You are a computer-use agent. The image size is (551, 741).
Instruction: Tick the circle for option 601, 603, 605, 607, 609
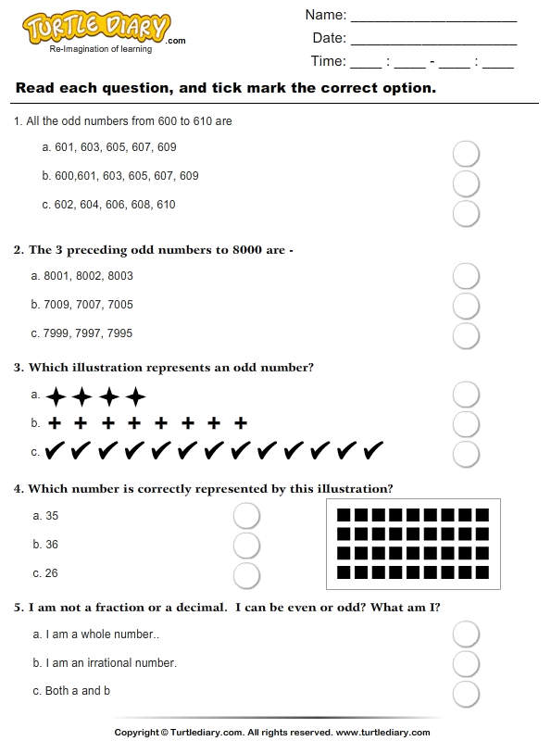coord(466,153)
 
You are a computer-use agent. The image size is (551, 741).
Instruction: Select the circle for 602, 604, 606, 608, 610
coord(466,214)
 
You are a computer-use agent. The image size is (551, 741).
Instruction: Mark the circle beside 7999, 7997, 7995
coord(466,334)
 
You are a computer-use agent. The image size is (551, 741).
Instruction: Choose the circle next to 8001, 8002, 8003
coord(466,276)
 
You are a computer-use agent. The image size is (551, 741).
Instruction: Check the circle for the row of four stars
coord(466,396)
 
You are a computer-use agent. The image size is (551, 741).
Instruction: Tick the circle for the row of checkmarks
coord(466,454)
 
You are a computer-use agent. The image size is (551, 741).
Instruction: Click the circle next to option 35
coord(246,516)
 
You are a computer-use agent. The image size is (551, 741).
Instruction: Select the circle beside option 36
coord(246,545)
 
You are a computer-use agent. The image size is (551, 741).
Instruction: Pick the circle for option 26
coord(246,575)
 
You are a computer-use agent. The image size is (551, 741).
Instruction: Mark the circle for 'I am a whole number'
coord(466,634)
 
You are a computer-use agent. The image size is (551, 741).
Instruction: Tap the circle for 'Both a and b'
coord(466,694)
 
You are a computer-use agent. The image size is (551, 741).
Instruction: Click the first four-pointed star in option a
coord(56,397)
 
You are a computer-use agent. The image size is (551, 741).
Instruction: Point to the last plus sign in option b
coord(241,423)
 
